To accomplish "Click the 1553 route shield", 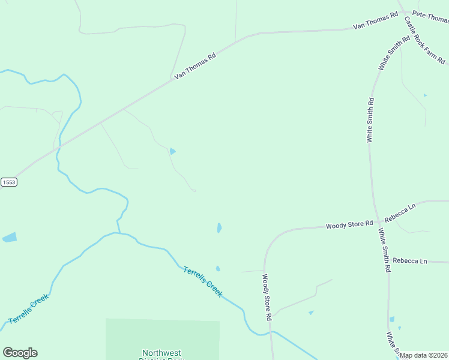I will (8, 182).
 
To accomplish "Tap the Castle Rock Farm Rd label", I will (424, 40).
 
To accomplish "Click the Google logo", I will (20, 353).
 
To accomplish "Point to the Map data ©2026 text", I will (424, 355).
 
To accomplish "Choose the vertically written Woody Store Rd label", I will (267, 297).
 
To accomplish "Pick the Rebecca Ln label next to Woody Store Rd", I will (400, 214).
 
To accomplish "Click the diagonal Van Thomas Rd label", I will (194, 67).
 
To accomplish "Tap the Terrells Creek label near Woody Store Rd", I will (203, 281).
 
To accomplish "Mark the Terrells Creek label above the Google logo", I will (29, 310).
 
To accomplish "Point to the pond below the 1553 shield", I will (10, 238).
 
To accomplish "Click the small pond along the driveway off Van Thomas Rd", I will (172, 151).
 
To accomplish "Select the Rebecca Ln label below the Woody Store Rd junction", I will (409, 261).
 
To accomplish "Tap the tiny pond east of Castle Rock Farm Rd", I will (425, 95).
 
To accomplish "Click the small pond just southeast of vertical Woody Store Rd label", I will (311, 313).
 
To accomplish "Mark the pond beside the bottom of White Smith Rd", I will (392, 319).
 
